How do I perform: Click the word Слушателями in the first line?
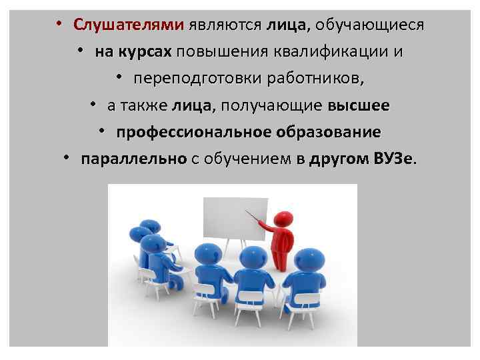(128, 25)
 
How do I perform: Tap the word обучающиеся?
(369, 25)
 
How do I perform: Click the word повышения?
(219, 52)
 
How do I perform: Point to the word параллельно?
(133, 159)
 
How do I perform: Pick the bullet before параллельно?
(67, 159)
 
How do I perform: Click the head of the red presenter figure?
(284, 218)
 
